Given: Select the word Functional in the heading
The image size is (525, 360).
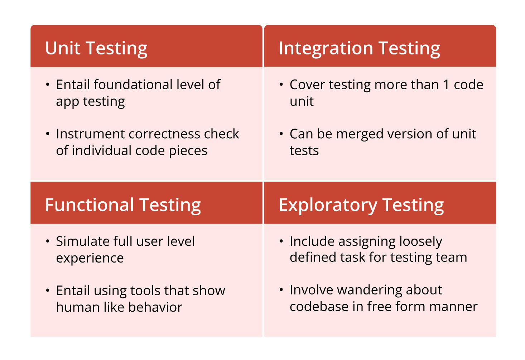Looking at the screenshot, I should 89,205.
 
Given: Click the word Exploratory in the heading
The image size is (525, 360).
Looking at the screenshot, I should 327,205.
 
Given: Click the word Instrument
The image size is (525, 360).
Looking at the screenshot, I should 90,134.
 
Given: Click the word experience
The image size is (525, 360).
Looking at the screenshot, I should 90,258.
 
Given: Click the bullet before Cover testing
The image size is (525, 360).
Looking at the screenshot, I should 281,85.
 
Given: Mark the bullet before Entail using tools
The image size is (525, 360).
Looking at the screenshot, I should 48,291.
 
